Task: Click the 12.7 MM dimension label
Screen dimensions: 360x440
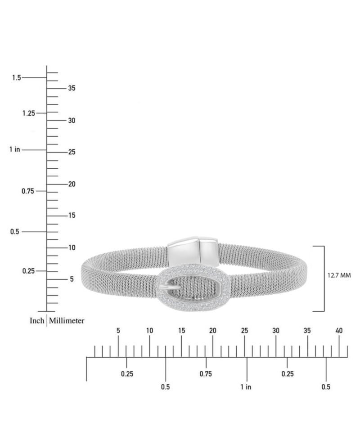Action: coord(339,275)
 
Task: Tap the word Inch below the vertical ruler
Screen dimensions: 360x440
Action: coord(37,321)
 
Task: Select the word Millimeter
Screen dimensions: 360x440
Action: coord(67,321)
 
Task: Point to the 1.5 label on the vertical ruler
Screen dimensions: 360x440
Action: coord(17,78)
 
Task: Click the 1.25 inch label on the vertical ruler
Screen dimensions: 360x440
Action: coord(29,113)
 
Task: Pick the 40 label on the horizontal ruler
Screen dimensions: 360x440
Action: coord(339,331)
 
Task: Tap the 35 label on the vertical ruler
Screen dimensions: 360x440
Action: coord(72,88)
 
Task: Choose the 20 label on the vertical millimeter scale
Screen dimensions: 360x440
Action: coord(72,184)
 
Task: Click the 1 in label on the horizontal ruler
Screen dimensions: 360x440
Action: coord(246,387)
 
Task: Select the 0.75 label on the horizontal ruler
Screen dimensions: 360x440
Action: coord(206,374)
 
